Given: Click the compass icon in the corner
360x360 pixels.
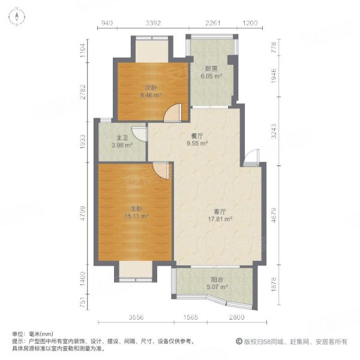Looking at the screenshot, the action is tap(17, 17).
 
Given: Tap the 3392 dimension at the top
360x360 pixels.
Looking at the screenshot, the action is tap(153, 23).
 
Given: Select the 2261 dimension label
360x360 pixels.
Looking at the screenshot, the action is tap(213, 23).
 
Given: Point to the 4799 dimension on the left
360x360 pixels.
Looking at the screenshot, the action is tap(83, 213).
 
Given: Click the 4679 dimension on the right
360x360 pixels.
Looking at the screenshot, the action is tap(274, 215).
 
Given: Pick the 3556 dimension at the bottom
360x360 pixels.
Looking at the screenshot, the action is tap(136, 317).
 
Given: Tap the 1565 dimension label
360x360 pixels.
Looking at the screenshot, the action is tap(191, 317).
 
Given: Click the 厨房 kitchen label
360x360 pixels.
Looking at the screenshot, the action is tap(211, 68).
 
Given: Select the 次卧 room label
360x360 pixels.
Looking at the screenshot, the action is tap(151, 88).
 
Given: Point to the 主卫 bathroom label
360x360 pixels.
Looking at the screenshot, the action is tap(122, 138).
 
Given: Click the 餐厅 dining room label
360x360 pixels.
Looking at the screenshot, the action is tap(197, 136).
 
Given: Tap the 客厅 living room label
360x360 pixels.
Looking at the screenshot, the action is tap(220, 211).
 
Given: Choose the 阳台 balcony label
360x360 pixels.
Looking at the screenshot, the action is tap(217, 280).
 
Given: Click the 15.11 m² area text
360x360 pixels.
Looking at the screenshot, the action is tap(136, 216).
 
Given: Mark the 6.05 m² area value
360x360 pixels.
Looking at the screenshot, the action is tap(211, 76).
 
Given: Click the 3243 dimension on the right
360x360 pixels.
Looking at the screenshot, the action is tap(274, 131).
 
